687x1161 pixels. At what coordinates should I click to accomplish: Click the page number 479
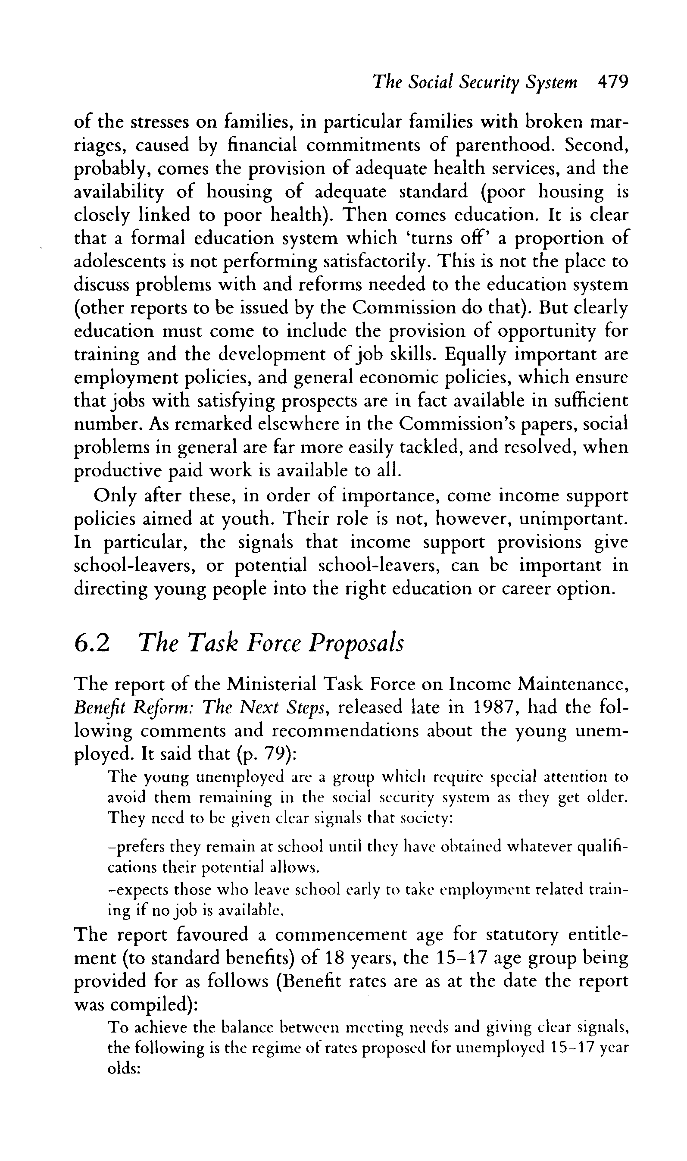pyautogui.click(x=613, y=82)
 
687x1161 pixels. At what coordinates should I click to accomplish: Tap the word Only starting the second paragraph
pyautogui.click(x=115, y=496)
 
